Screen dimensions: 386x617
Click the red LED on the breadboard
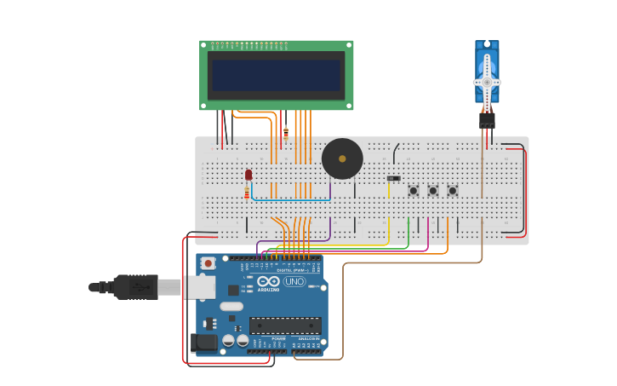(249, 175)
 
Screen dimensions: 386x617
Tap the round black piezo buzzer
(342, 158)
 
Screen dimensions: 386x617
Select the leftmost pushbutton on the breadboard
(414, 190)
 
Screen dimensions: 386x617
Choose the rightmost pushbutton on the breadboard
(453, 190)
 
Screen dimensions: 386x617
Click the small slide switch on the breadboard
(393, 178)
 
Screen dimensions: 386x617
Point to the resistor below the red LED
(247, 193)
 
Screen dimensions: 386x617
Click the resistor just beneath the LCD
(286, 131)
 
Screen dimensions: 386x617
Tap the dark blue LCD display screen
(277, 75)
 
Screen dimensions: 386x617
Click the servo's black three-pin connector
(487, 120)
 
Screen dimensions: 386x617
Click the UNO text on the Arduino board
(294, 282)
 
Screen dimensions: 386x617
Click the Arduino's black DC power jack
(204, 343)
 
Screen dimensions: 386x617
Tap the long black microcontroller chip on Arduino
(285, 326)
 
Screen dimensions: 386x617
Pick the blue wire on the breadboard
(289, 199)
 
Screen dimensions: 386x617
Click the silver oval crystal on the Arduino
(231, 306)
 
